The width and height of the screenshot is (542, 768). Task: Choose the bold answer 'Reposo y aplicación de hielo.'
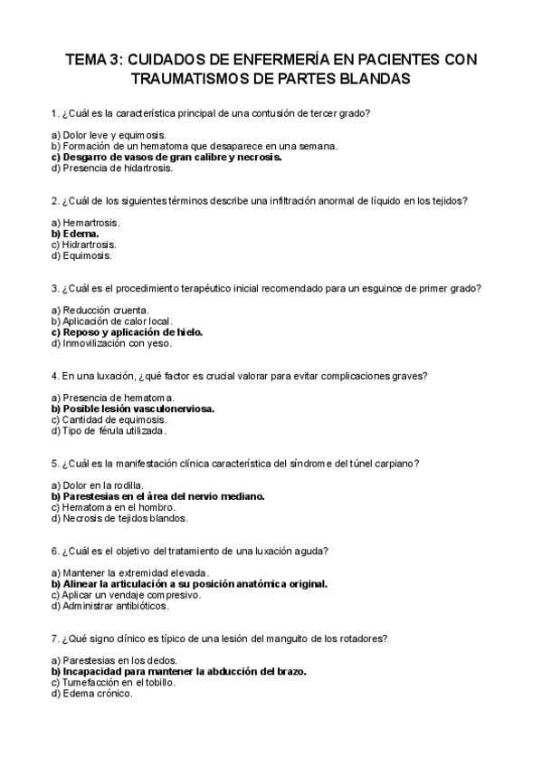tap(132, 332)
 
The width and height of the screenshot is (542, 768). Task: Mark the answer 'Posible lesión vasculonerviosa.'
tap(137, 409)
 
